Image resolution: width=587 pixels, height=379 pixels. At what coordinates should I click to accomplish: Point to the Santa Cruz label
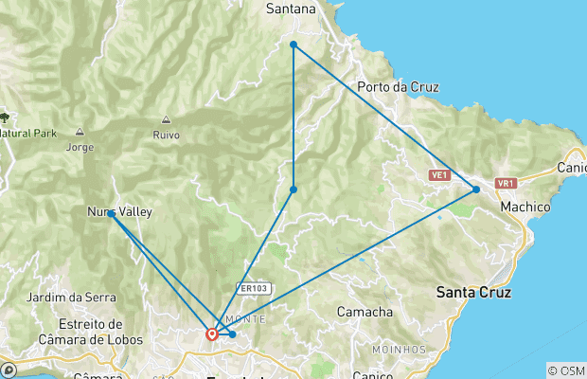[474, 293]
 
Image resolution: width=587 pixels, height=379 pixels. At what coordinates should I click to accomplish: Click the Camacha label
[365, 312]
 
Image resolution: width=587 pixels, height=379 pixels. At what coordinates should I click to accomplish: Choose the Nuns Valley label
[119, 212]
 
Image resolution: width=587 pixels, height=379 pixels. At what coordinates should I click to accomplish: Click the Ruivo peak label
[166, 135]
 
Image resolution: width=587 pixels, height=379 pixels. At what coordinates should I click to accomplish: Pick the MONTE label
[249, 320]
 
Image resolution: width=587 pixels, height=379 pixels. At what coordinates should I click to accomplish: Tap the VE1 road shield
[438, 175]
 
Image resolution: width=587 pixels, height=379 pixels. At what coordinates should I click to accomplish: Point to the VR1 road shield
[505, 183]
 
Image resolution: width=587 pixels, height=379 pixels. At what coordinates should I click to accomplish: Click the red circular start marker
[212, 334]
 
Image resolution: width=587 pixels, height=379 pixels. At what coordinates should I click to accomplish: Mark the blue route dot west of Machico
[476, 189]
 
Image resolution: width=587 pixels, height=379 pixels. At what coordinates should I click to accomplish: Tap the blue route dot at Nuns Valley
[112, 214]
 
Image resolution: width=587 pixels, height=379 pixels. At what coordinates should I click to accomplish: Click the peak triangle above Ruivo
[166, 119]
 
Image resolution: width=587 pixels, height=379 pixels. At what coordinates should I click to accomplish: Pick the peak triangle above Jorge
[80, 132]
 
